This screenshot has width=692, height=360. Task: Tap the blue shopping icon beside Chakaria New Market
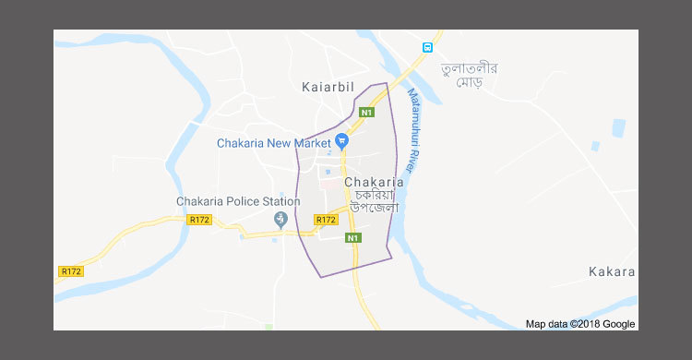(341, 141)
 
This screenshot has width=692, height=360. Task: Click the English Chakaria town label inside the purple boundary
(374, 183)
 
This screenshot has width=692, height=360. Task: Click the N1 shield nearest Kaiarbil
(366, 113)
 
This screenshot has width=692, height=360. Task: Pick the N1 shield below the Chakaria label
(352, 238)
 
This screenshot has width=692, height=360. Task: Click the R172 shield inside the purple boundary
(325, 220)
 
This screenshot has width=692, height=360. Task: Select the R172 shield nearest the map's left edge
(70, 271)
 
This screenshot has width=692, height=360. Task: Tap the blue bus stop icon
(427, 47)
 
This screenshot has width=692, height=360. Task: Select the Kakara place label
(611, 271)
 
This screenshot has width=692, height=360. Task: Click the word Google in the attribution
(620, 324)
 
